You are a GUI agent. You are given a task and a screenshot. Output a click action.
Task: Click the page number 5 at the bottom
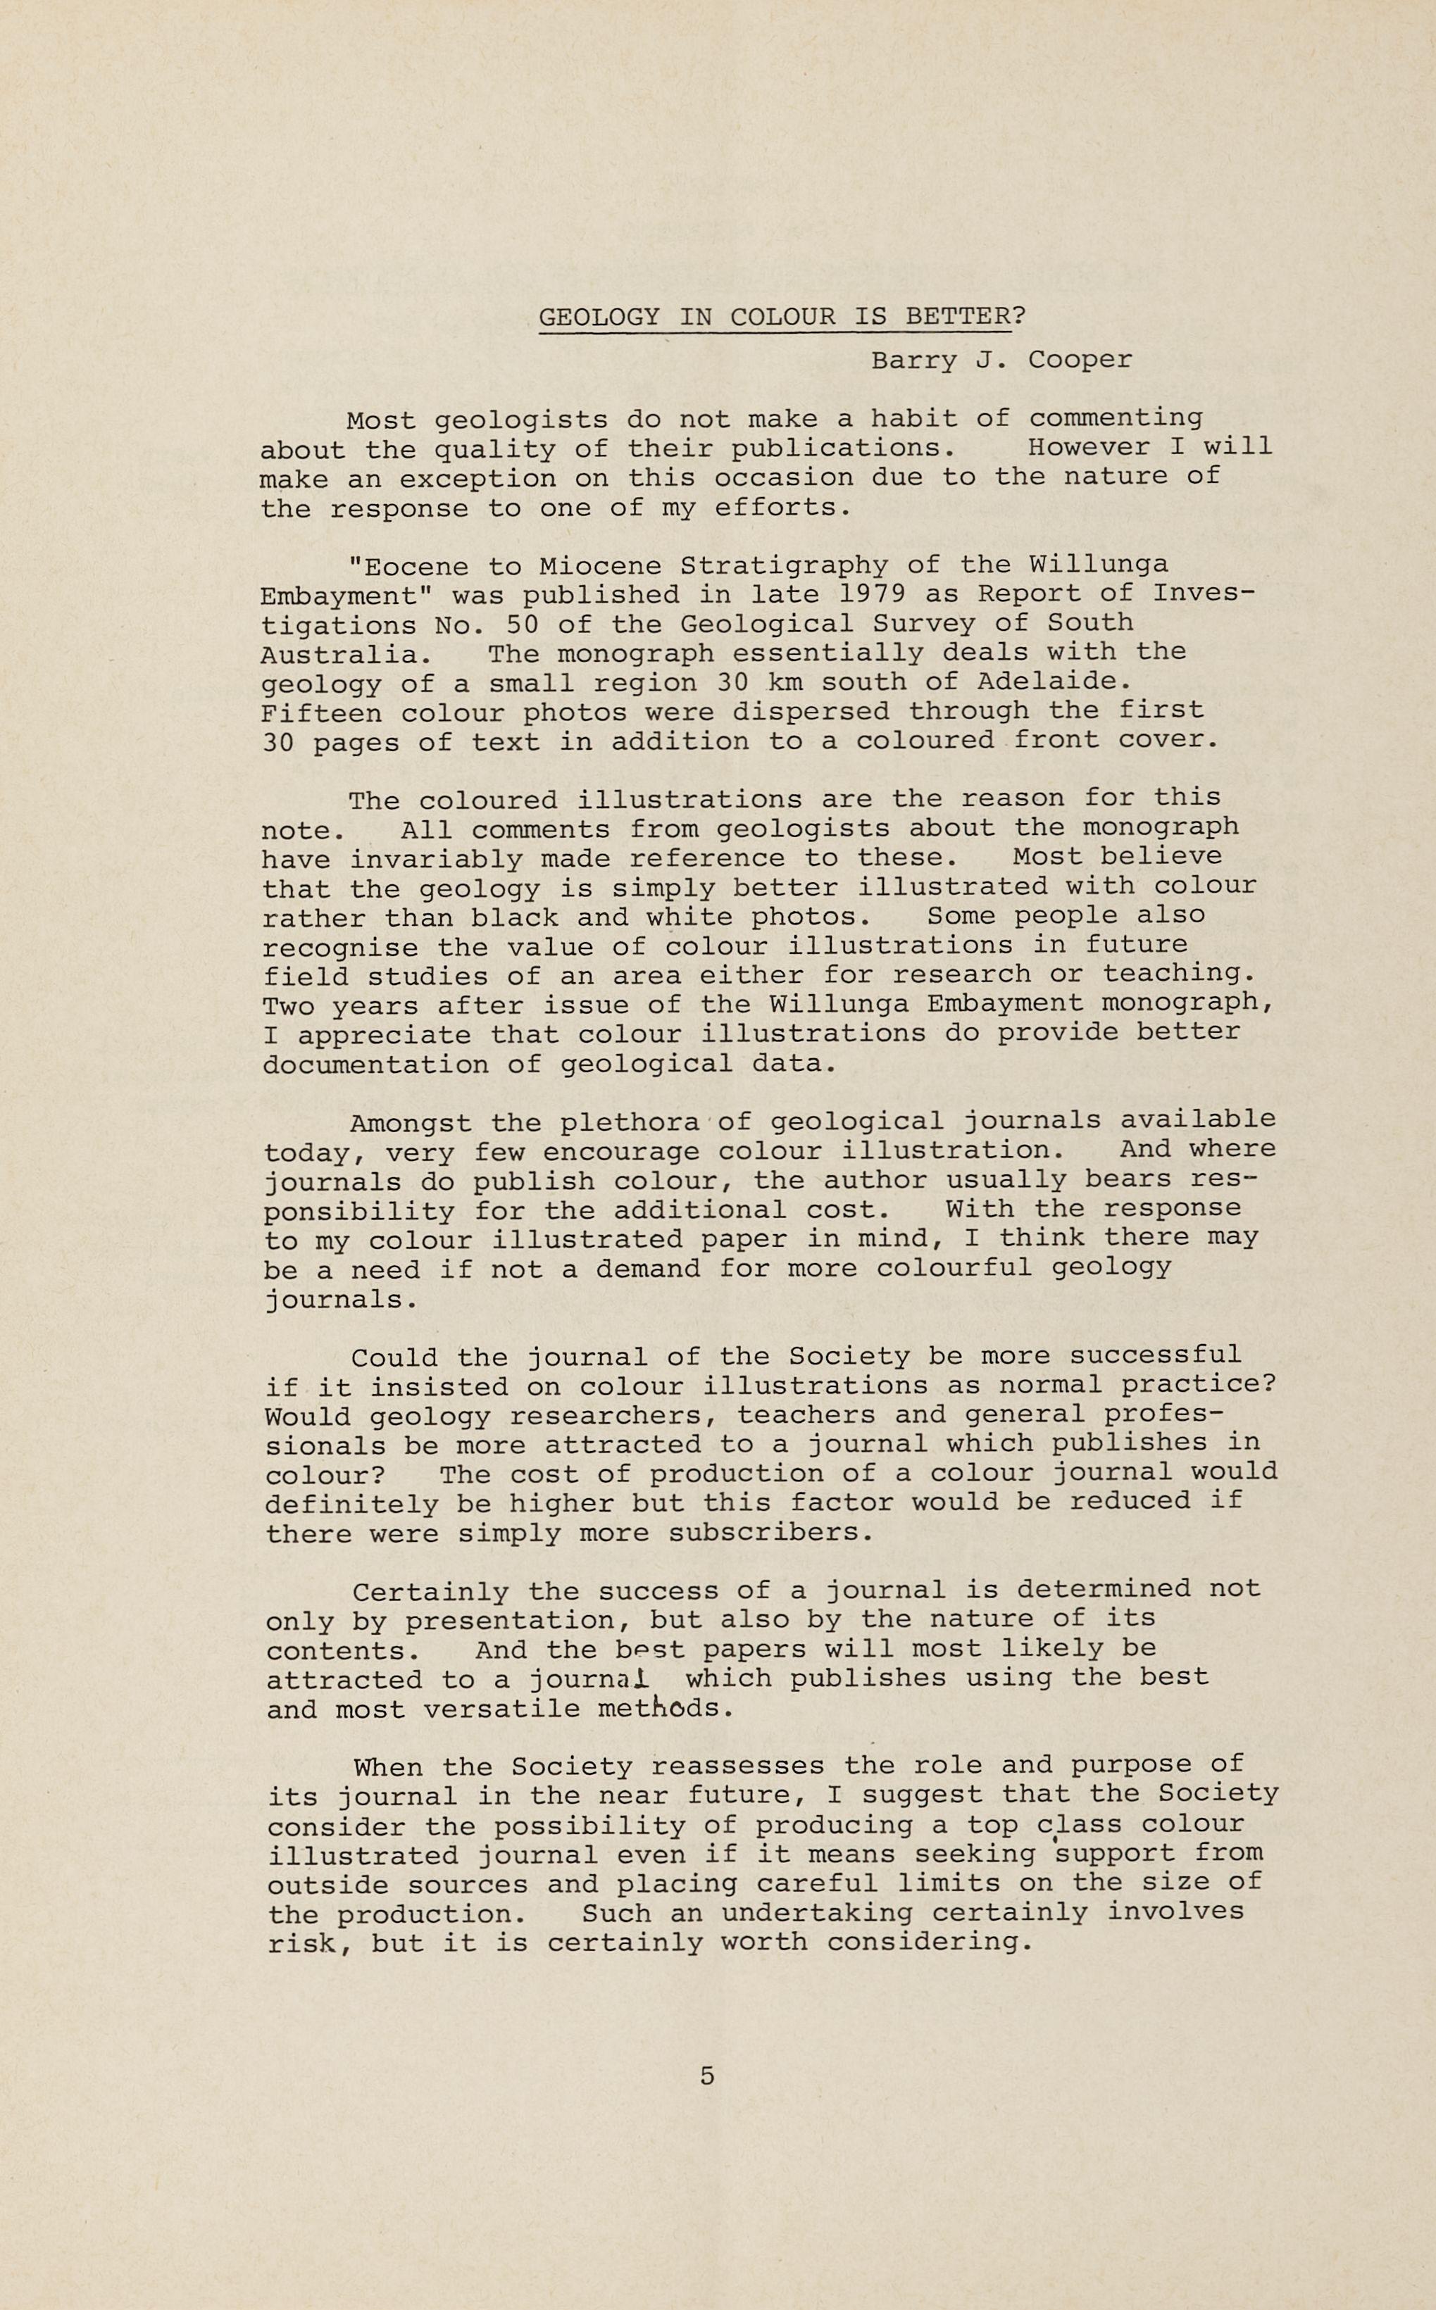coord(706,2076)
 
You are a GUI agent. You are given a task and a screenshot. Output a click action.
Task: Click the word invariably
coord(436,859)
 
